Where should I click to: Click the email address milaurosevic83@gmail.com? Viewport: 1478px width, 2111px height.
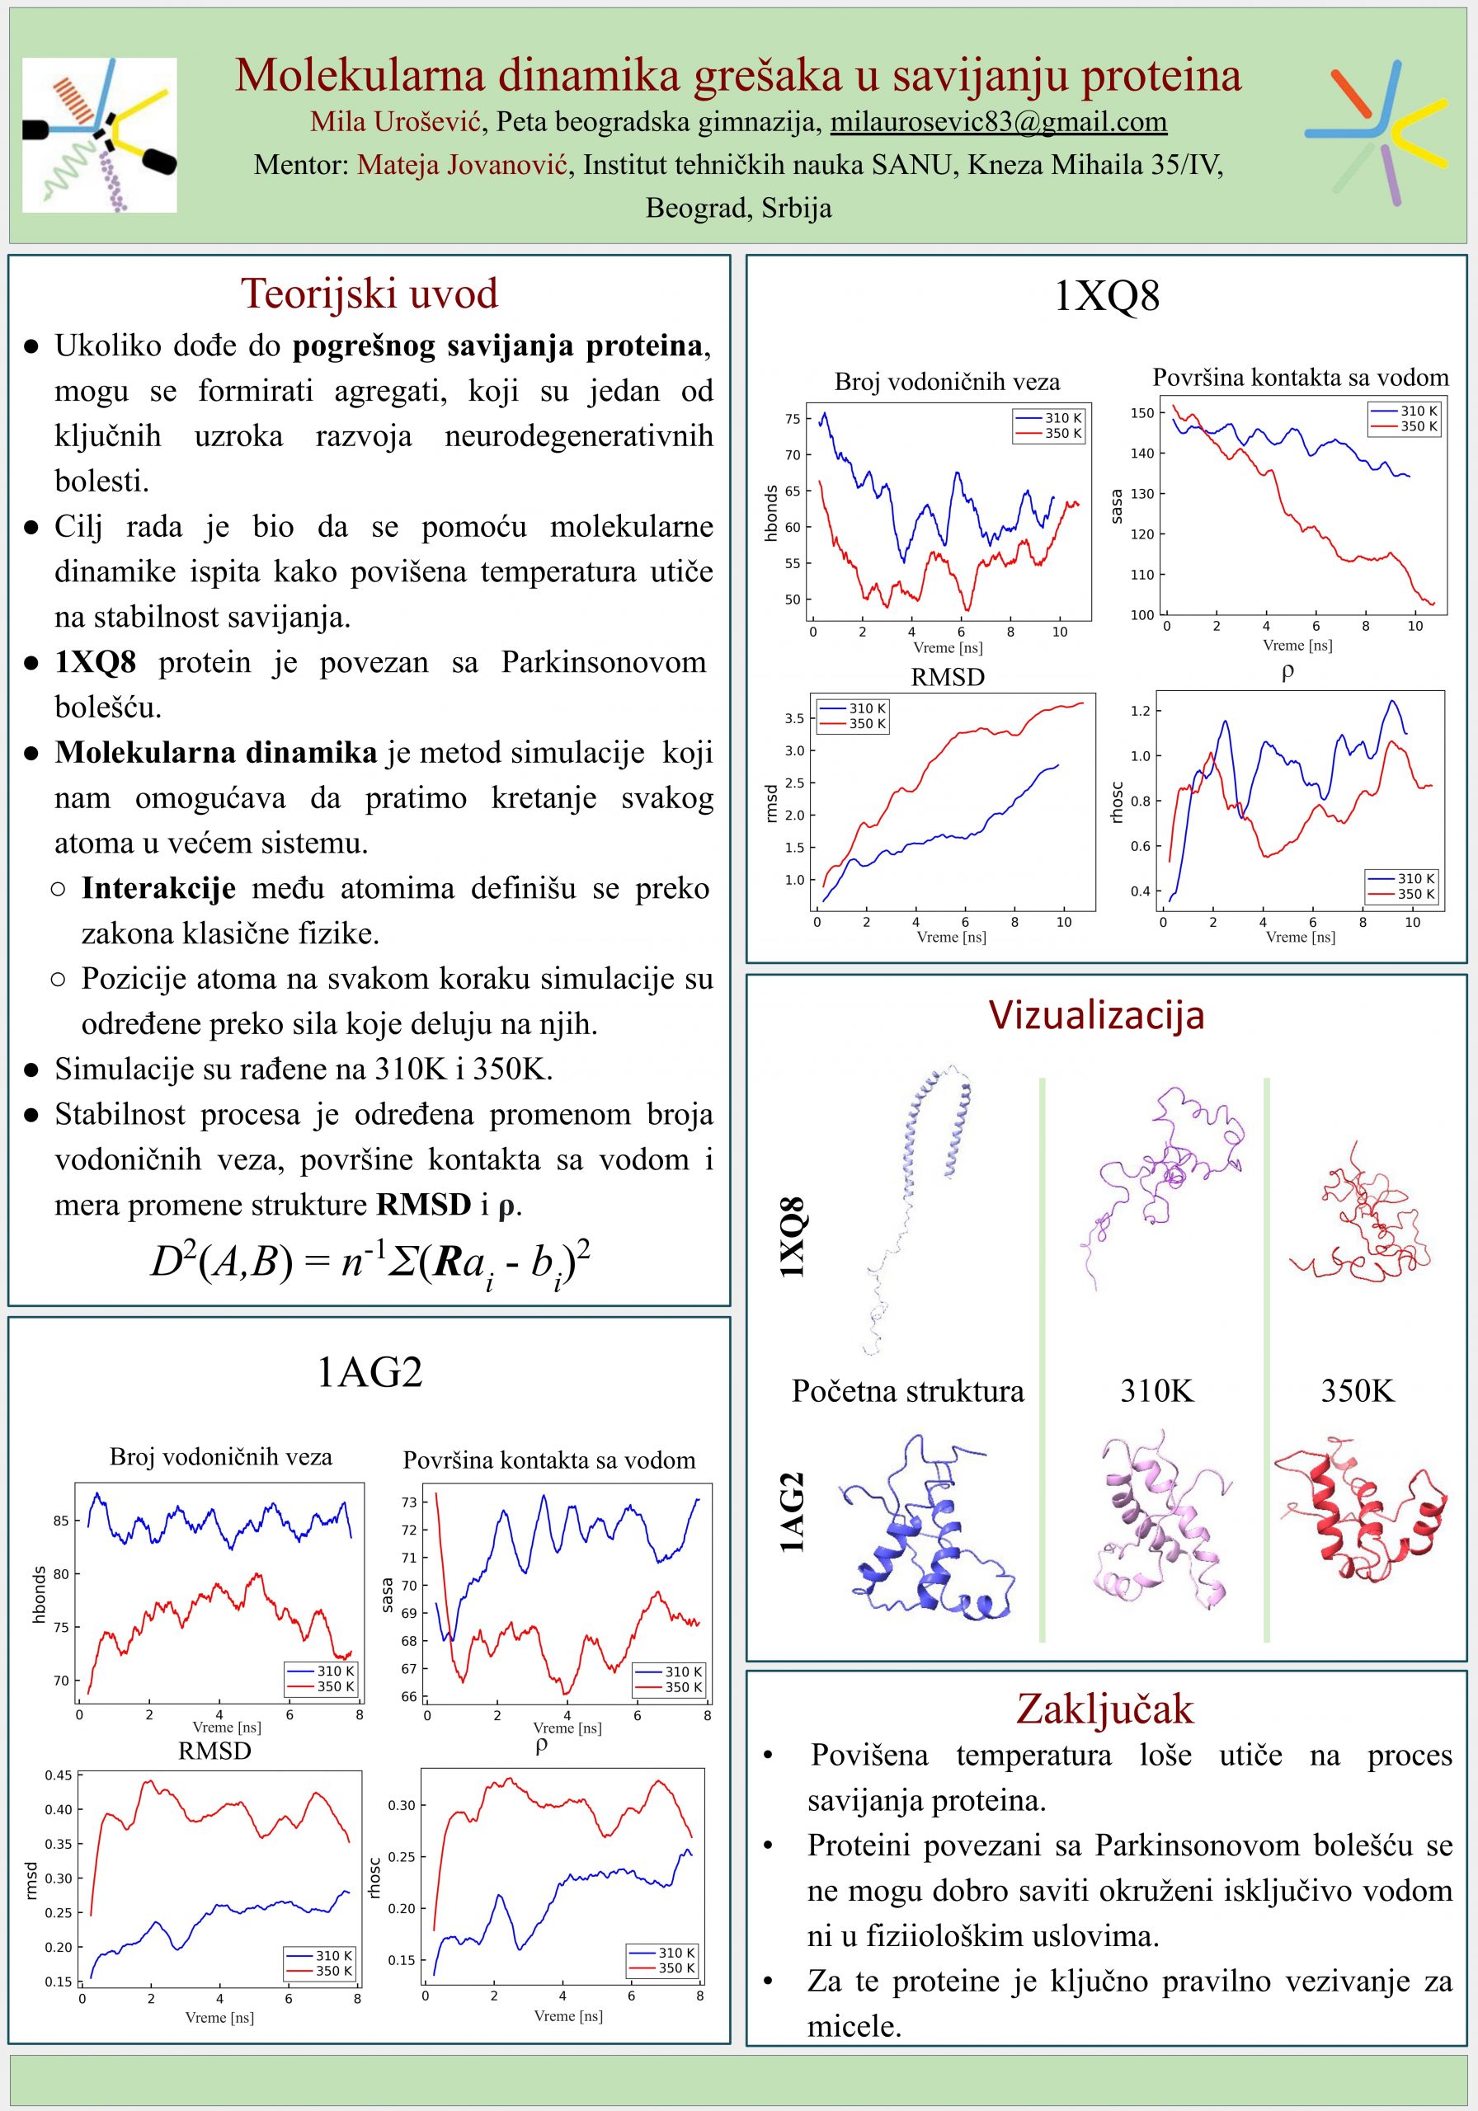click(x=998, y=121)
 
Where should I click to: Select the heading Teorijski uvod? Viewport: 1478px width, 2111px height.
click(x=369, y=294)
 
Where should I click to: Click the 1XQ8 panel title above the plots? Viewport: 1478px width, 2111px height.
click(x=1105, y=296)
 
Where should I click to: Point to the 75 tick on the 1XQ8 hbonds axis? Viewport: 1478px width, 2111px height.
click(x=792, y=419)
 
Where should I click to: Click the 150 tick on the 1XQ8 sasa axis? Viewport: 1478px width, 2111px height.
click(x=1141, y=413)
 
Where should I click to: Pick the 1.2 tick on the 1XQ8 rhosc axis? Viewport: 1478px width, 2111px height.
click(x=1141, y=711)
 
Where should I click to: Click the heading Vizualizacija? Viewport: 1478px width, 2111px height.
click(x=1096, y=1015)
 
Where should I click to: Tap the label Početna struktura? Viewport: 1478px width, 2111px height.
click(x=907, y=1391)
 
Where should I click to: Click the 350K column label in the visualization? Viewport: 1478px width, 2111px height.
click(x=1358, y=1391)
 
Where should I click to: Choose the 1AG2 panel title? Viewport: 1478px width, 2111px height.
click(x=369, y=1372)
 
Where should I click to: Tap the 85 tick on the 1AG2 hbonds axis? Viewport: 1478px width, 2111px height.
click(x=61, y=1521)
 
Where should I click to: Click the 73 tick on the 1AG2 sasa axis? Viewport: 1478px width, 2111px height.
click(x=408, y=1502)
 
